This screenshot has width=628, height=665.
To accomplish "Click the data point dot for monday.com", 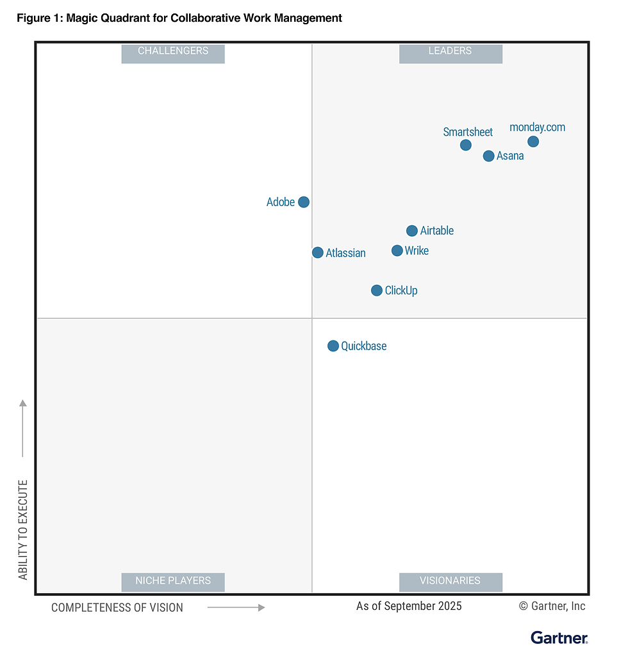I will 533,141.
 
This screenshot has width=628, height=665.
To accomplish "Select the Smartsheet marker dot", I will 466,145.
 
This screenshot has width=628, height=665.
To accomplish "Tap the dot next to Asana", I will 488,156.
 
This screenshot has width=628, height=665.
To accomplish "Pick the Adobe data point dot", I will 304,202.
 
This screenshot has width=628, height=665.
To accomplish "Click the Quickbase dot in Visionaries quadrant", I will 333,346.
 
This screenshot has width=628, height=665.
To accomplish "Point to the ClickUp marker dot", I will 377,291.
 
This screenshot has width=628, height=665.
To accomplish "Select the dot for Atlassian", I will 317,253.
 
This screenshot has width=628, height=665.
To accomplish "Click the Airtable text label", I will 437,231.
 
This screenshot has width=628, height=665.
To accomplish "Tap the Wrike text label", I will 417,251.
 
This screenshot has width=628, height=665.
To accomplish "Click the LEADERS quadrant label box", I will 450,51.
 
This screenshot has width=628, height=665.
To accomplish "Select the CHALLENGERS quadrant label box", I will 173,51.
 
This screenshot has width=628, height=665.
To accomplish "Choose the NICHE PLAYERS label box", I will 173,581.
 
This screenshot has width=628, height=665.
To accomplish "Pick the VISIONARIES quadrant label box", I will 450,581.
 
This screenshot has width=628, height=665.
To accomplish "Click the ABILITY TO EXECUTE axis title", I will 24,529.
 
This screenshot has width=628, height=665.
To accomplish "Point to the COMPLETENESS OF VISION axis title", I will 117,607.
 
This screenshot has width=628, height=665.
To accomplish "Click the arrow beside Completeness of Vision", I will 236,607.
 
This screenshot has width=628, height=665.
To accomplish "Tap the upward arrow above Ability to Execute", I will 23,428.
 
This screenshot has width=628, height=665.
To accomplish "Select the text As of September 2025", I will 409,606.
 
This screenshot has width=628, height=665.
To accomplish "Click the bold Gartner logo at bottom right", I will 559,637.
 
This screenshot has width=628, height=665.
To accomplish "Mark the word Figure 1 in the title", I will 38,18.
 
